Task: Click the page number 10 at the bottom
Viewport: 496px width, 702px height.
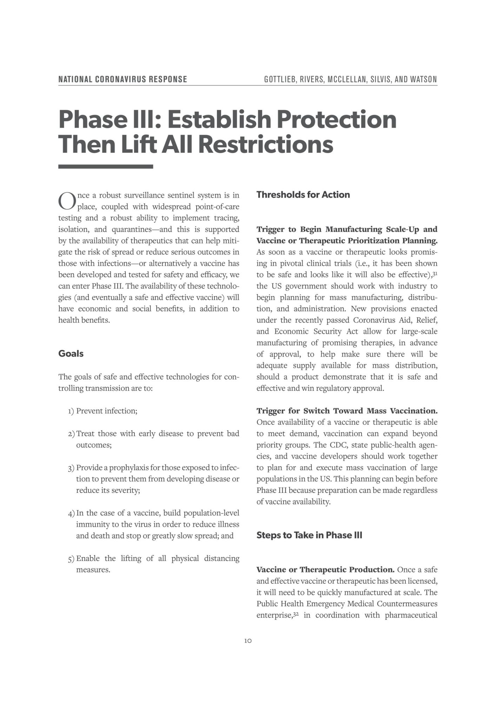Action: (248, 641)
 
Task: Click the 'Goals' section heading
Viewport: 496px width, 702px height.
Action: (71, 353)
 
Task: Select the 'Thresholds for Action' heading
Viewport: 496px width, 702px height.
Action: (303, 195)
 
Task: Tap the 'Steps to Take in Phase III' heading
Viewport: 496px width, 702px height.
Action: (309, 535)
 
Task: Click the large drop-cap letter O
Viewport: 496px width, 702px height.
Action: (67, 200)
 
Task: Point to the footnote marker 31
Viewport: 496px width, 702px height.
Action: (435, 273)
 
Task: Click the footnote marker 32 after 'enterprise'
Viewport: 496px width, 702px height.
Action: (296, 614)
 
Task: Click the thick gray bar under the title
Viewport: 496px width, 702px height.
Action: (106, 167)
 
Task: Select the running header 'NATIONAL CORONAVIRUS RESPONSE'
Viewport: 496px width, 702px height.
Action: (123, 79)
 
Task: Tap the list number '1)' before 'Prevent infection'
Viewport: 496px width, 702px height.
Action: (71, 411)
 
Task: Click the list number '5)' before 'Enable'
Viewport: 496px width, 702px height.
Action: (71, 558)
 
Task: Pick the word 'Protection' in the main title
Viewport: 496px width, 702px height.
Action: (336, 120)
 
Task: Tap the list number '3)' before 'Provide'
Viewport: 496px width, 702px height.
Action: (71, 468)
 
